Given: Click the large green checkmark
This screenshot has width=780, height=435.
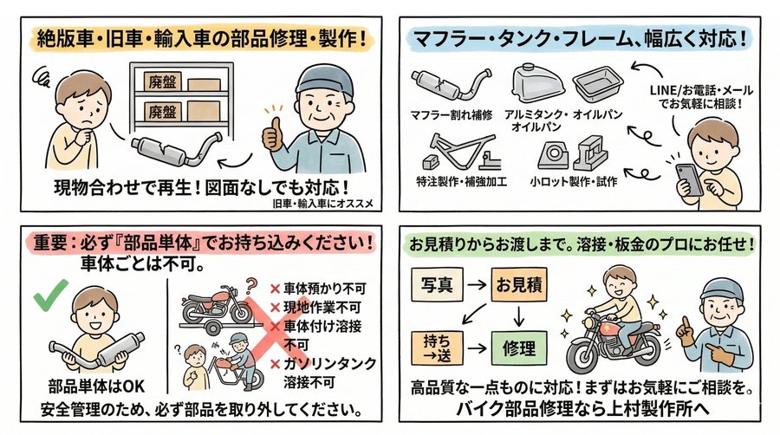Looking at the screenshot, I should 50,300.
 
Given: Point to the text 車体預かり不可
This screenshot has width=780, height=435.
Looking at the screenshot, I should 320,289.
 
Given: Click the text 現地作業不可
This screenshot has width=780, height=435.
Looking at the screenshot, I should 320,308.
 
